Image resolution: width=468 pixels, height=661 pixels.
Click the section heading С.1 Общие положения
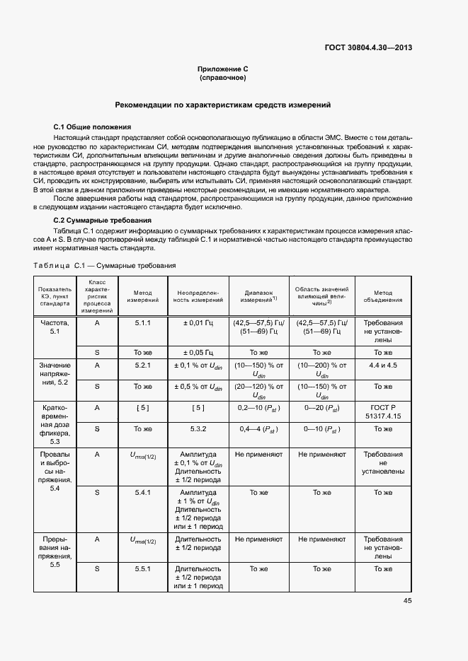[x=90, y=126]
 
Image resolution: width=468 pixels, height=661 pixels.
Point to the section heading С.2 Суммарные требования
[x=98, y=221]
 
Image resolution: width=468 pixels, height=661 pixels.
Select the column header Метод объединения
[x=383, y=296]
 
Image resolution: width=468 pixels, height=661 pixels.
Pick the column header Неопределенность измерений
[x=198, y=296]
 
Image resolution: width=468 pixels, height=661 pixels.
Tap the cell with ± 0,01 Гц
[x=198, y=322]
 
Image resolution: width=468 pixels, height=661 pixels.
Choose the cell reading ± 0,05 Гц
[x=198, y=352]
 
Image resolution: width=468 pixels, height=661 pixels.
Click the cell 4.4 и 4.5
[x=383, y=365]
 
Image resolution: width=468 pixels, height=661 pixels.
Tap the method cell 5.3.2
[x=198, y=429]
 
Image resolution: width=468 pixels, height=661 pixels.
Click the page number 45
[x=408, y=601]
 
